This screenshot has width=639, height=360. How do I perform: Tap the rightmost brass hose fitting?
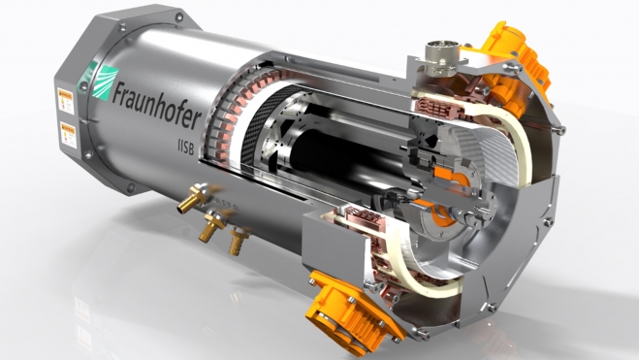[235, 242]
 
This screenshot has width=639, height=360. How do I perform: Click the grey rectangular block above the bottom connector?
[331, 239]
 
